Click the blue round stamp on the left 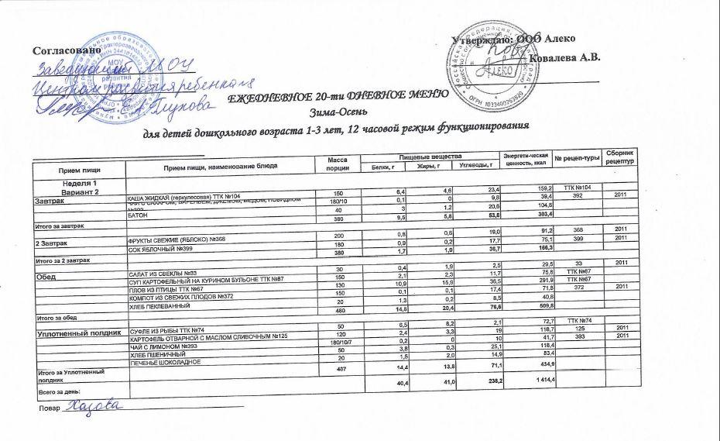point(108,66)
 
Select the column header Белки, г point(383,166)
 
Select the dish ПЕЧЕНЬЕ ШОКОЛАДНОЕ point(166,363)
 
